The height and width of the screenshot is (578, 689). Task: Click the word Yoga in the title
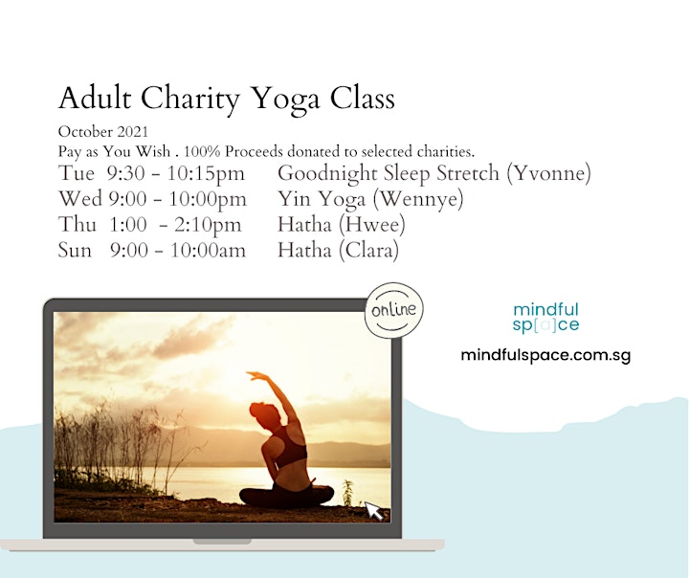point(285,99)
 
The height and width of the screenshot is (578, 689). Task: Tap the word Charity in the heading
point(189,99)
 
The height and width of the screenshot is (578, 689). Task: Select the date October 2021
point(103,132)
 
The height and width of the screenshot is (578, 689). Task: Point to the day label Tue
point(76,173)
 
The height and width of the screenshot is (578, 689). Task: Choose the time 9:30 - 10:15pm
point(176,173)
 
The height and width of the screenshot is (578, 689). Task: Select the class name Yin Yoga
point(322,199)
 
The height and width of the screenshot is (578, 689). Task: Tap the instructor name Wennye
point(418,199)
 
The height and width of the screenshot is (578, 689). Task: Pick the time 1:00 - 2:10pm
point(175,225)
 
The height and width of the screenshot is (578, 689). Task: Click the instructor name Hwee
point(371,225)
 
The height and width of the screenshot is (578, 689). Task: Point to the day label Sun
point(75,251)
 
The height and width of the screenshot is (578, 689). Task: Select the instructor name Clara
point(368,251)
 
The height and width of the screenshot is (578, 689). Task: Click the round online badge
point(393,310)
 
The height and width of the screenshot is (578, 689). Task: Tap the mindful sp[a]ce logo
point(545,318)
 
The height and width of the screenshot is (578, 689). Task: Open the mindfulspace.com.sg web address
point(545,355)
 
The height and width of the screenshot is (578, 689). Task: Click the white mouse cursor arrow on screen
point(374,511)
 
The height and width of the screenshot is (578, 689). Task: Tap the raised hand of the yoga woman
point(255,375)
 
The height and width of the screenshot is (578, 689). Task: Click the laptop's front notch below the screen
point(222,542)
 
